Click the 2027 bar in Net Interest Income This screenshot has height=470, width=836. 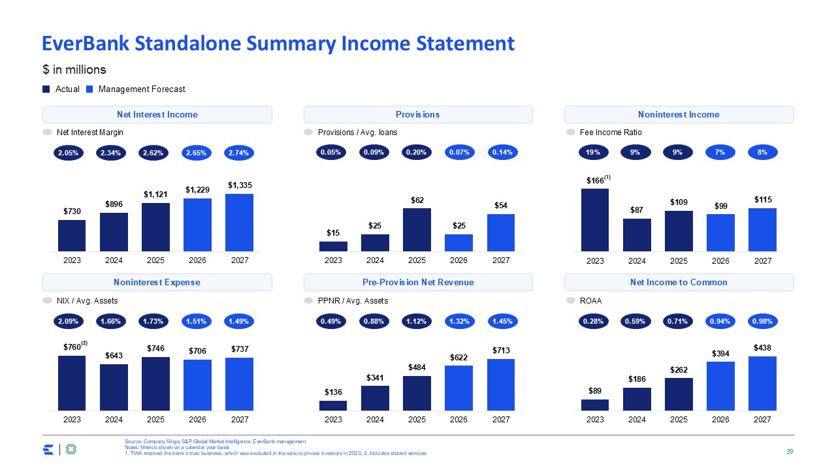(239, 223)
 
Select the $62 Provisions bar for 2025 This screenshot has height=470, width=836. (417, 230)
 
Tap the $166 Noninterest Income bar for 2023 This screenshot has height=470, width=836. (595, 220)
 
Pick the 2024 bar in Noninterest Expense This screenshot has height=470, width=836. (114, 387)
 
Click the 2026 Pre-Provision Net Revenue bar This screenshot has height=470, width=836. (458, 388)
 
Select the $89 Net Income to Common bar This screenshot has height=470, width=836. (595, 405)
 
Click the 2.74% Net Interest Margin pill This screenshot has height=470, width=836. (239, 153)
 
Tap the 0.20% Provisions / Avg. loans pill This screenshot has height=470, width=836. (417, 153)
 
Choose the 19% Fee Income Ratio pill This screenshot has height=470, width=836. (594, 153)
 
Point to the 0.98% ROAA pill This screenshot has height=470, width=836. (762, 321)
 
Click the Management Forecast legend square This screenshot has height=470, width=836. (89, 89)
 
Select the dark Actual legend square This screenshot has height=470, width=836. (46, 89)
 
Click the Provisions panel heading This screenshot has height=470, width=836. (417, 114)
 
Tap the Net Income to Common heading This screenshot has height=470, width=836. (679, 283)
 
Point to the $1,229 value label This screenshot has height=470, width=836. (197, 190)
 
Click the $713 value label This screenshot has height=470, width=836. (501, 351)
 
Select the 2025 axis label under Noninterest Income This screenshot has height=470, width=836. (679, 260)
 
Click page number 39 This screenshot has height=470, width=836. (790, 451)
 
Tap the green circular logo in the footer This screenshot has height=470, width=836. (71, 449)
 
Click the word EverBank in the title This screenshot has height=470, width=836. (86, 44)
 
